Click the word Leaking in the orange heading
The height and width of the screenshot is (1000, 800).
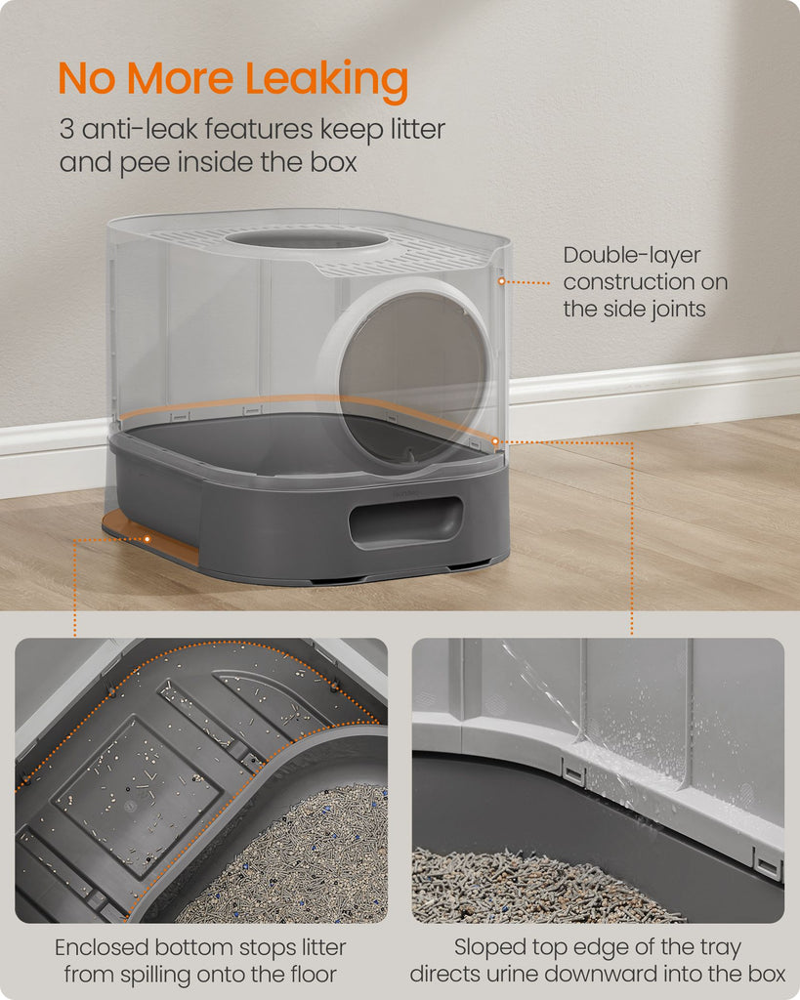326,80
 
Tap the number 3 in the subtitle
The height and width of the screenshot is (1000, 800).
67,129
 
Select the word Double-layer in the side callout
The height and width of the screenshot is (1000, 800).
632,256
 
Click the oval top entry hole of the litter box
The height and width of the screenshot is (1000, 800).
307,239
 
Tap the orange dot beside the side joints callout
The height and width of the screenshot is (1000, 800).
502,281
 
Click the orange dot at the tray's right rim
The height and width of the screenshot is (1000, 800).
495,440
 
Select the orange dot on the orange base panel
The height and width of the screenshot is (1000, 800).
147,539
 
